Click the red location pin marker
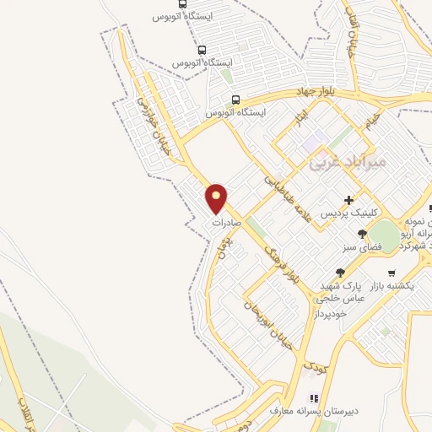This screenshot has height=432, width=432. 217,198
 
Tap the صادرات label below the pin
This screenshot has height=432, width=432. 227,224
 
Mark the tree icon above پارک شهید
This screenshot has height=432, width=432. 340,272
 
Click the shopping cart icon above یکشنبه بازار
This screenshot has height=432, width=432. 391,273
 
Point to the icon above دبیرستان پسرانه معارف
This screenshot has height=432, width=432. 314,397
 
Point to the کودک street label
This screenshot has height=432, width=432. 315,367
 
